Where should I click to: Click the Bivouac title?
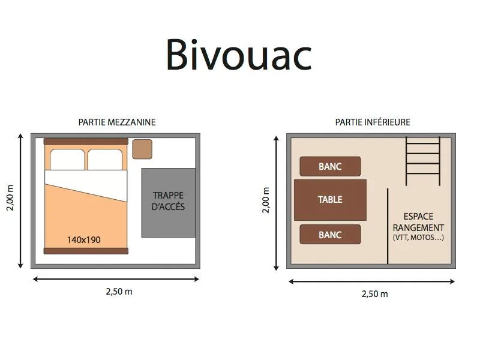point(239,55)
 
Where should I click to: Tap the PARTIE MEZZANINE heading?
point(117,122)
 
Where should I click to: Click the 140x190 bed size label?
point(83,240)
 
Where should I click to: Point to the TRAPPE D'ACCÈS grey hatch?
point(169,202)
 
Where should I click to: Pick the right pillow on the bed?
point(106,160)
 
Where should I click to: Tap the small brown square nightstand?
point(142,149)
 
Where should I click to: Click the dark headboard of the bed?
point(86,141)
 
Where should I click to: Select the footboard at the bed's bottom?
point(86,250)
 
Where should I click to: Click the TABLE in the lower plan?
point(330,200)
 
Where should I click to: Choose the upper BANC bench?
point(330,166)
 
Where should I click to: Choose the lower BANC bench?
point(330,235)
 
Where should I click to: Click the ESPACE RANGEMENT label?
point(419,222)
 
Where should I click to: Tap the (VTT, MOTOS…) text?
point(419,238)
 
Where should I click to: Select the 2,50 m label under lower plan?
point(374,294)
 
